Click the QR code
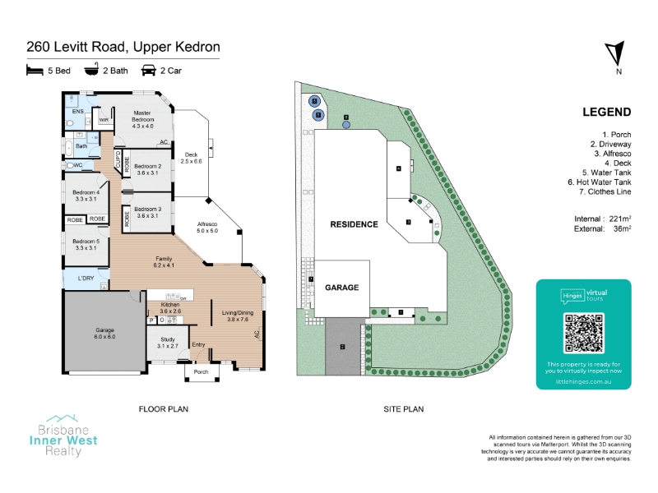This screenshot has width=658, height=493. click(583, 333)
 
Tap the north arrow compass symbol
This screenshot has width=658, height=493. click(615, 55)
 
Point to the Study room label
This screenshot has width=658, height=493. click(168, 343)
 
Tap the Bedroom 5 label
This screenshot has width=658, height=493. click(86, 244)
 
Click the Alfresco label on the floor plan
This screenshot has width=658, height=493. click(207, 227)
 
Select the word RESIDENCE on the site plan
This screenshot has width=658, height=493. click(354, 224)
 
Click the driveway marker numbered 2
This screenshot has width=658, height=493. click(341, 347)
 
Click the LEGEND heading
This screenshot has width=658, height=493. click(606, 113)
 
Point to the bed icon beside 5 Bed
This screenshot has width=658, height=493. click(35, 71)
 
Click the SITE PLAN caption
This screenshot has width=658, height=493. click(404, 408)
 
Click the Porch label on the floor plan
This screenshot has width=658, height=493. click(202, 371)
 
